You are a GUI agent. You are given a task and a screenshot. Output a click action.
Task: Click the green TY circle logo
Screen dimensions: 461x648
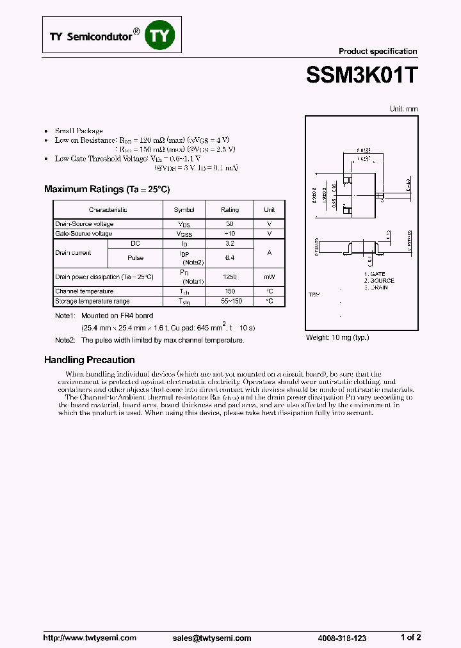tap(159, 36)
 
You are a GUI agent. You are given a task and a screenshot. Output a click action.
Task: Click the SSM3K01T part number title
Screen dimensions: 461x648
tap(362, 75)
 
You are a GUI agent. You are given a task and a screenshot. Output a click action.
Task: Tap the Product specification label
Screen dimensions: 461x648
tap(377, 51)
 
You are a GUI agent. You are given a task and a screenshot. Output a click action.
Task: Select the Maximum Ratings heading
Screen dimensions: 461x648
tap(107, 189)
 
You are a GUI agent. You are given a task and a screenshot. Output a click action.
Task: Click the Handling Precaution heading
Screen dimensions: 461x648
tap(89, 360)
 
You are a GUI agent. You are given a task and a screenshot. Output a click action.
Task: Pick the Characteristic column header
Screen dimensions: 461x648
tap(108, 210)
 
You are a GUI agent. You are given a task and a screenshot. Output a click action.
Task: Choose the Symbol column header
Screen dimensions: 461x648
tap(184, 210)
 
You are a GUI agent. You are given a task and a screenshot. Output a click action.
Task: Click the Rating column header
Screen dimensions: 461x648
tap(230, 210)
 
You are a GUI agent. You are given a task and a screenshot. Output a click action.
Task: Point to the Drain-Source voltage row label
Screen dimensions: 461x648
tap(85, 224)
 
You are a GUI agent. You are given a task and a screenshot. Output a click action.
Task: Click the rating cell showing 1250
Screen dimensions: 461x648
tap(230, 277)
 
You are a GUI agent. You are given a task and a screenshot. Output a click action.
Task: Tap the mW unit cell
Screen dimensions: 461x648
tap(270, 277)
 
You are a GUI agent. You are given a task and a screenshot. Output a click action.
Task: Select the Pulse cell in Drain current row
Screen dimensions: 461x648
tap(135, 258)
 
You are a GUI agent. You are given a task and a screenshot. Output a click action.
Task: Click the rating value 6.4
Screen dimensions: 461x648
tap(230, 258)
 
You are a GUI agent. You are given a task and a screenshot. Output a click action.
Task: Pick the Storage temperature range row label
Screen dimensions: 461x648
tap(92, 301)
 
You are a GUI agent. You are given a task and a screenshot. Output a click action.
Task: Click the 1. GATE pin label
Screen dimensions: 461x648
tap(375, 274)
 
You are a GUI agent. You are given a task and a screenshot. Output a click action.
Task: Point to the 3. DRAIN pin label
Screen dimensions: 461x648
tap(376, 288)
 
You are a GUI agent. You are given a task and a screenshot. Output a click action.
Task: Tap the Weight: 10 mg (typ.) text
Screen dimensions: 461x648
tap(337, 337)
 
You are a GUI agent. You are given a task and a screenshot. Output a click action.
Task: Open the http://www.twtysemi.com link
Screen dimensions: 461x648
tap(90, 638)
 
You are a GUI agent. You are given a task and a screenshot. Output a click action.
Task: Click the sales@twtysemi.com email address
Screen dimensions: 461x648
tap(212, 638)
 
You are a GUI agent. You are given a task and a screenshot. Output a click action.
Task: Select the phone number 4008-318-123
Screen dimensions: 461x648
tap(342, 638)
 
